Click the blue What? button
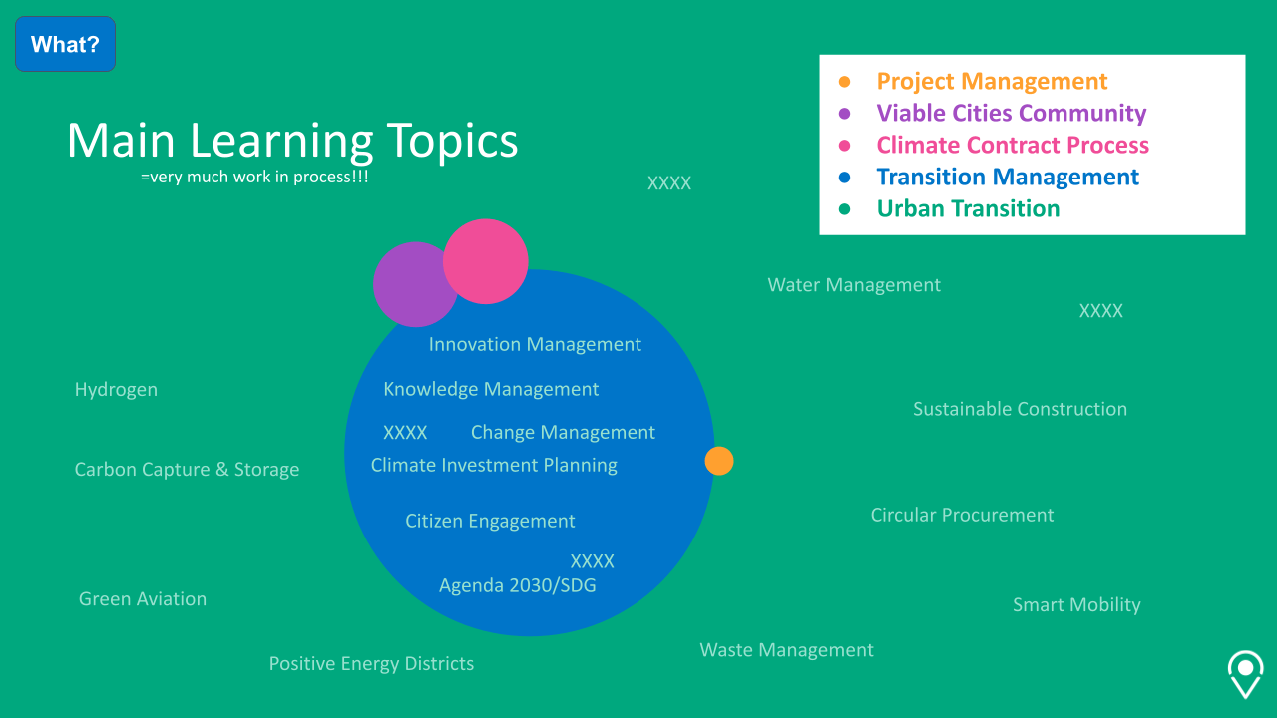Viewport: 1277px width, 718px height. [65, 44]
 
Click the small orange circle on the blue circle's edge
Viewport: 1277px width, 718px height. [719, 461]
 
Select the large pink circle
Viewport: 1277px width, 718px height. [486, 261]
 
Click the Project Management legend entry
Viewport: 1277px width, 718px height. [992, 82]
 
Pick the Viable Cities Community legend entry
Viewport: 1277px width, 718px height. [1011, 114]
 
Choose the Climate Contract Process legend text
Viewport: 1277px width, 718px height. [1013, 146]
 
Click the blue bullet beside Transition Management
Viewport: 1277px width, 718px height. [845, 178]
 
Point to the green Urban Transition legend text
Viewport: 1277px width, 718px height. [968, 209]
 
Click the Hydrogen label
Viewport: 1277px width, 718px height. [116, 390]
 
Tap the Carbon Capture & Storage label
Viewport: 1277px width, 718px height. [187, 470]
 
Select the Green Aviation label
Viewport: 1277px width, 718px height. [143, 599]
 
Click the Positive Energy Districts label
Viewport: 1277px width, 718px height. [371, 664]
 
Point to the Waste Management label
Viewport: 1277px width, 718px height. [786, 650]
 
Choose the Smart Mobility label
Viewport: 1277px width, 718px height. [1075, 605]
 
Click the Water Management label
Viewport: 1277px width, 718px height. [854, 285]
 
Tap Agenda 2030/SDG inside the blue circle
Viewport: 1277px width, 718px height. [517, 585]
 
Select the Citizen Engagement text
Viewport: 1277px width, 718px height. [490, 521]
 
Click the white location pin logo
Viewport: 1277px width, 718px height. [1245, 674]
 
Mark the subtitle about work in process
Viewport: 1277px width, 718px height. [254, 177]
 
